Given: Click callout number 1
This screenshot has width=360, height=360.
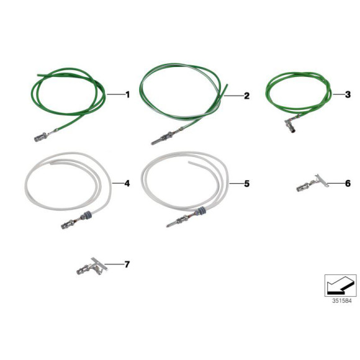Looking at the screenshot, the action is tap(127, 94).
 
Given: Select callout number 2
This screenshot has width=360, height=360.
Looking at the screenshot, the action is tap(246, 96).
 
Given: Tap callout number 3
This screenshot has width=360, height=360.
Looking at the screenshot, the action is tap(348, 94).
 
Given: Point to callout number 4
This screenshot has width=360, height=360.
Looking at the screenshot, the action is tap(127, 184).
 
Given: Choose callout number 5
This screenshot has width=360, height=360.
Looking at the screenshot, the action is tap(246, 184).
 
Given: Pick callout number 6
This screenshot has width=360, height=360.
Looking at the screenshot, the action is tap(348, 184).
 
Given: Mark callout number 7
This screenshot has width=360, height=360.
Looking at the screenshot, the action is tap(127, 264).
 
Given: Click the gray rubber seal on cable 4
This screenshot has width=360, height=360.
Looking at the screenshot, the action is tap(88, 216).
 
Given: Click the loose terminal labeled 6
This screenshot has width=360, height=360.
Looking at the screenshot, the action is tap(312, 183).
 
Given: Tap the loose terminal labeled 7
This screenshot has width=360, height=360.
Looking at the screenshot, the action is tap(92, 266).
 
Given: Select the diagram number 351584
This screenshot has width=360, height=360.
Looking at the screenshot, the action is tap(342, 301).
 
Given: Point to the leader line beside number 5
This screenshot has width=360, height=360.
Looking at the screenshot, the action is tap(236, 184).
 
